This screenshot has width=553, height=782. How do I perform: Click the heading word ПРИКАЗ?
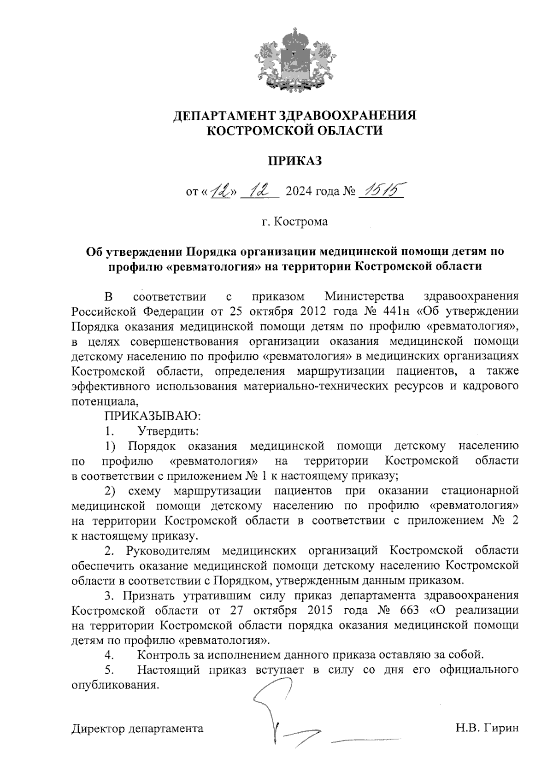[294, 161]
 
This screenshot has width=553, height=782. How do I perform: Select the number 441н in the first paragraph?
[397, 311]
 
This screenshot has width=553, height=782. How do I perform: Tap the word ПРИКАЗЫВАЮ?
[153, 416]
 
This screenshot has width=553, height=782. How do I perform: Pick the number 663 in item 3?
[408, 610]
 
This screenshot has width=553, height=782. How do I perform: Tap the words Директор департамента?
[137, 729]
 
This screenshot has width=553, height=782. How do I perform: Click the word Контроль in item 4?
[164, 655]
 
